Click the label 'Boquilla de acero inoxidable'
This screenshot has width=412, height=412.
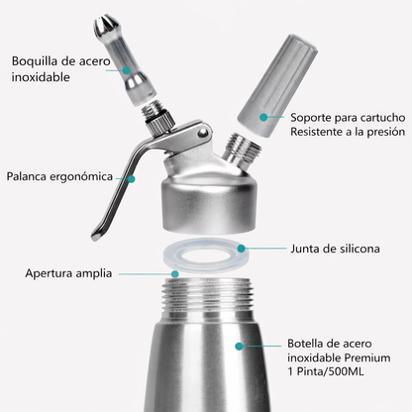point(60,69)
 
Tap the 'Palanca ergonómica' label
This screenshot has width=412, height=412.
point(59,176)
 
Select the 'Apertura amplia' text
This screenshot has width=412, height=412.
point(68,273)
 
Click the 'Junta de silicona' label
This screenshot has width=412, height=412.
point(335,249)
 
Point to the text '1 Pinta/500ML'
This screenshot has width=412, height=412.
point(326,371)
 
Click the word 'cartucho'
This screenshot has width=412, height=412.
point(382,117)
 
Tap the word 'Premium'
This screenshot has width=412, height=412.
point(367,358)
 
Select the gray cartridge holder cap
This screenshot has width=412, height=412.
point(276,86)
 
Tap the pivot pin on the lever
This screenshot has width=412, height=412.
point(204,133)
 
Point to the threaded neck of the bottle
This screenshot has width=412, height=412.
point(207,294)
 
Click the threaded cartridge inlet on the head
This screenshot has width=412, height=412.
point(244,151)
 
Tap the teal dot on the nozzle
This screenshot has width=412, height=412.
point(126,70)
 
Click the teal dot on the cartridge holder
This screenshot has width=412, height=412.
point(263,117)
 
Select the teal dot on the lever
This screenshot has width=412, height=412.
point(132,179)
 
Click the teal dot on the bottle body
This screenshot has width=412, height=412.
point(239,346)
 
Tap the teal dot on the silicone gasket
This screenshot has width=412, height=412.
point(242,249)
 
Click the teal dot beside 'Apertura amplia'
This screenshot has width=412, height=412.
point(175,273)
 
